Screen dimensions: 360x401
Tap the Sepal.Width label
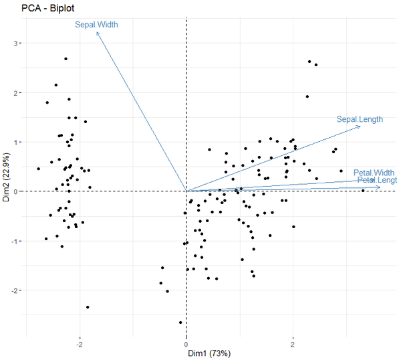(96, 25)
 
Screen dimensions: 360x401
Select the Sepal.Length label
(360, 120)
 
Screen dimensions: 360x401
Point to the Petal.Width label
(374, 173)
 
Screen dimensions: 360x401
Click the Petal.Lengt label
(377, 181)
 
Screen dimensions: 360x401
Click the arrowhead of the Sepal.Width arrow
(98, 32)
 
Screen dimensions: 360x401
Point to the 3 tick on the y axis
(19, 43)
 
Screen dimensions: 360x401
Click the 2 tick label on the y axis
(19, 93)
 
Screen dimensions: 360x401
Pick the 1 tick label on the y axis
(19, 142)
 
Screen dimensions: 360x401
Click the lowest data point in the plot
(180, 323)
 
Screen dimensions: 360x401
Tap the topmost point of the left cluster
(65, 59)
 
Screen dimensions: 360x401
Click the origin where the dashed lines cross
(186, 191)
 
